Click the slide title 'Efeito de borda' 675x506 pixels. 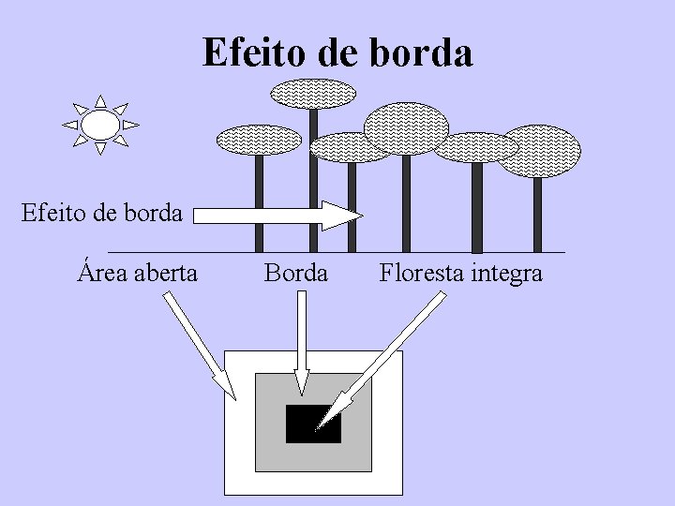click(337, 52)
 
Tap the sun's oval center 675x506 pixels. click(100, 124)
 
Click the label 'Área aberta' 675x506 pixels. click(138, 273)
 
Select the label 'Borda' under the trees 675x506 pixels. click(296, 273)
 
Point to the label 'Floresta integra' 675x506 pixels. click(460, 273)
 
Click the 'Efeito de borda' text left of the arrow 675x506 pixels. click(101, 213)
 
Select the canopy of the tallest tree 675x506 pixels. click(313, 93)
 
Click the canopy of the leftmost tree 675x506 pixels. click(259, 140)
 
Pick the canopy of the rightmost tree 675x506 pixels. click(538, 151)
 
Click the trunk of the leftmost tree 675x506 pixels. click(259, 202)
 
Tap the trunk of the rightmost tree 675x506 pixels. click(537, 214)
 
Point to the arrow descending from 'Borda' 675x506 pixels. click(301, 342)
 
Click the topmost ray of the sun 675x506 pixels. click(100, 100)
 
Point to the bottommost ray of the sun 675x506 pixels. click(100, 148)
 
